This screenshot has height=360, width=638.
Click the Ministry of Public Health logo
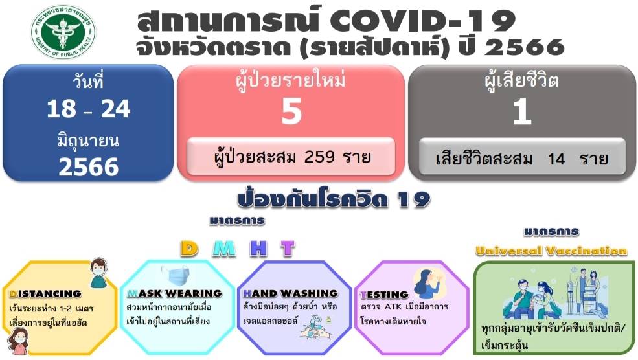(x=63, y=32)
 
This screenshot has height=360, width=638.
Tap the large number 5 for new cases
(x=291, y=111)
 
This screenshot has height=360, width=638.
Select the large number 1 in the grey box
(x=522, y=111)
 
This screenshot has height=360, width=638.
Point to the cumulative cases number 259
(x=319, y=156)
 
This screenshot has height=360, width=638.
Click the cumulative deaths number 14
(x=556, y=159)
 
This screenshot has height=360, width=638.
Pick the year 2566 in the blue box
(x=89, y=167)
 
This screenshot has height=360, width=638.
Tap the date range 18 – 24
(x=89, y=109)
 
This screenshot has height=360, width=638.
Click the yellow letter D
(x=190, y=249)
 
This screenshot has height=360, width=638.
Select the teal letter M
(x=224, y=249)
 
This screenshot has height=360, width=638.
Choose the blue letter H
(x=259, y=249)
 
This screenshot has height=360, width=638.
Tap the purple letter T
(x=288, y=249)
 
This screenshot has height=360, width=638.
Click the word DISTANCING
(x=45, y=294)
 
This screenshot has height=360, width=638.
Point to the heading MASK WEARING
(x=174, y=293)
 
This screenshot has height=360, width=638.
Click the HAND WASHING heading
(x=291, y=293)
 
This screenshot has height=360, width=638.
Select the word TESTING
(x=384, y=295)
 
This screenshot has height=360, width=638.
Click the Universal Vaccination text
(x=551, y=251)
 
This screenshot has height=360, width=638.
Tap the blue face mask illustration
(x=176, y=275)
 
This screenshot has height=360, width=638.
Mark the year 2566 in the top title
(x=525, y=47)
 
